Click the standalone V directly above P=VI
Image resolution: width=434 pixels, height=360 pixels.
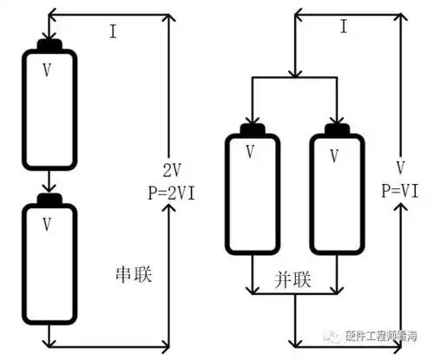[x=398, y=167]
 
